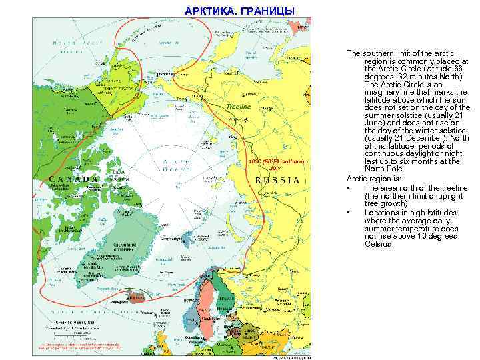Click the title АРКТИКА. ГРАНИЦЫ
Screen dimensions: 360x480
pos(237,11)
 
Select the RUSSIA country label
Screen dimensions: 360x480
pos(278,180)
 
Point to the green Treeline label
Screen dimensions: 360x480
pos(238,107)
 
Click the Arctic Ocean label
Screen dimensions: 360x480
pos(174,165)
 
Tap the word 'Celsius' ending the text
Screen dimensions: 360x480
pos(379,244)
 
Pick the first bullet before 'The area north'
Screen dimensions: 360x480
pos(349,188)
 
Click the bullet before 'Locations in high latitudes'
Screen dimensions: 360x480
pos(349,212)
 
